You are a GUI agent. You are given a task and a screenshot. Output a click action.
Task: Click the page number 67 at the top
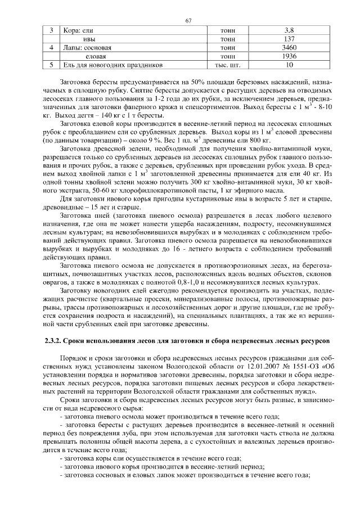188,21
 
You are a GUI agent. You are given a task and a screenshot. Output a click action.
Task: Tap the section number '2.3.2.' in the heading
55,341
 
